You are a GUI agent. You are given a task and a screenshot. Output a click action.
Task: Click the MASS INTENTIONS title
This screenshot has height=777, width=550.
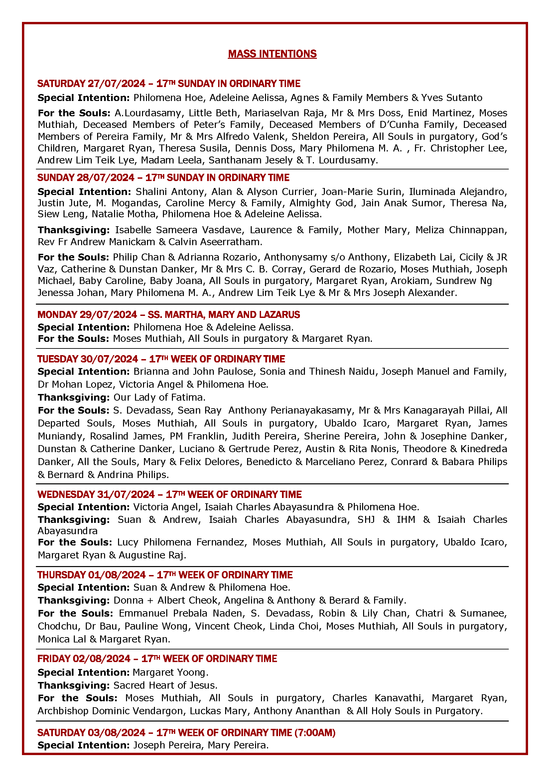tap(272, 54)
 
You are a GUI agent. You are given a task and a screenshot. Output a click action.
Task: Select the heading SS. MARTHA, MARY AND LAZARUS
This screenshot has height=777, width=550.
tap(224, 315)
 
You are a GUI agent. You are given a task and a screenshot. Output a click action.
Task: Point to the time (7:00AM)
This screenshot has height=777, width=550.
tap(315, 733)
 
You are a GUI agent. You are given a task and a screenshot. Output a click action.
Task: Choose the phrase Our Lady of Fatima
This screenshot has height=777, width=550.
tap(159, 397)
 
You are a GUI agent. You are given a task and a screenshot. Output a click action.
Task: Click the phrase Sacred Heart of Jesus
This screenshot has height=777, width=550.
tap(165, 685)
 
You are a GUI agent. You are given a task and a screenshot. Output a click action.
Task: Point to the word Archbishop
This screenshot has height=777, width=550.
tap(63, 711)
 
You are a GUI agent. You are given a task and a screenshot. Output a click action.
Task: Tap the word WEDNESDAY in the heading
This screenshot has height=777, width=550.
tap(66, 494)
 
